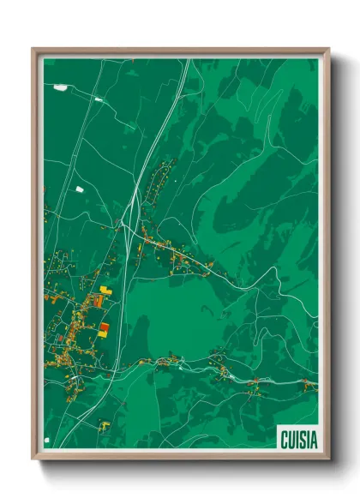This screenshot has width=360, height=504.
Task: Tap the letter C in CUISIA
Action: pos(283,438)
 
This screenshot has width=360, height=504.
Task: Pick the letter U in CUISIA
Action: pos(290,438)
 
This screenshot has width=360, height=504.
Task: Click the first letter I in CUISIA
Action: pos(296,438)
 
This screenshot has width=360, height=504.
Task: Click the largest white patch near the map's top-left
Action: pos(59,87)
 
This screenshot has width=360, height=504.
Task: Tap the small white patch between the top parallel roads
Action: pos(99,99)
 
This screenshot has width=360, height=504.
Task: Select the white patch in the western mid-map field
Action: pos(80,189)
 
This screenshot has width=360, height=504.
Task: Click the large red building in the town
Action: pos(104,327)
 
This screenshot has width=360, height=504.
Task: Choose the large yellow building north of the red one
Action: pos(105,291)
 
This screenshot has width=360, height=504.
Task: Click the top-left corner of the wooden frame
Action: pos(33,49)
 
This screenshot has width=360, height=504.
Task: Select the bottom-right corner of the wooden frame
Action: pos(329,459)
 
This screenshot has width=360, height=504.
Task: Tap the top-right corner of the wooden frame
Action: pos(329,49)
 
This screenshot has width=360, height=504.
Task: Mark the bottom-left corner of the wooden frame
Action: pos(33,459)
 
